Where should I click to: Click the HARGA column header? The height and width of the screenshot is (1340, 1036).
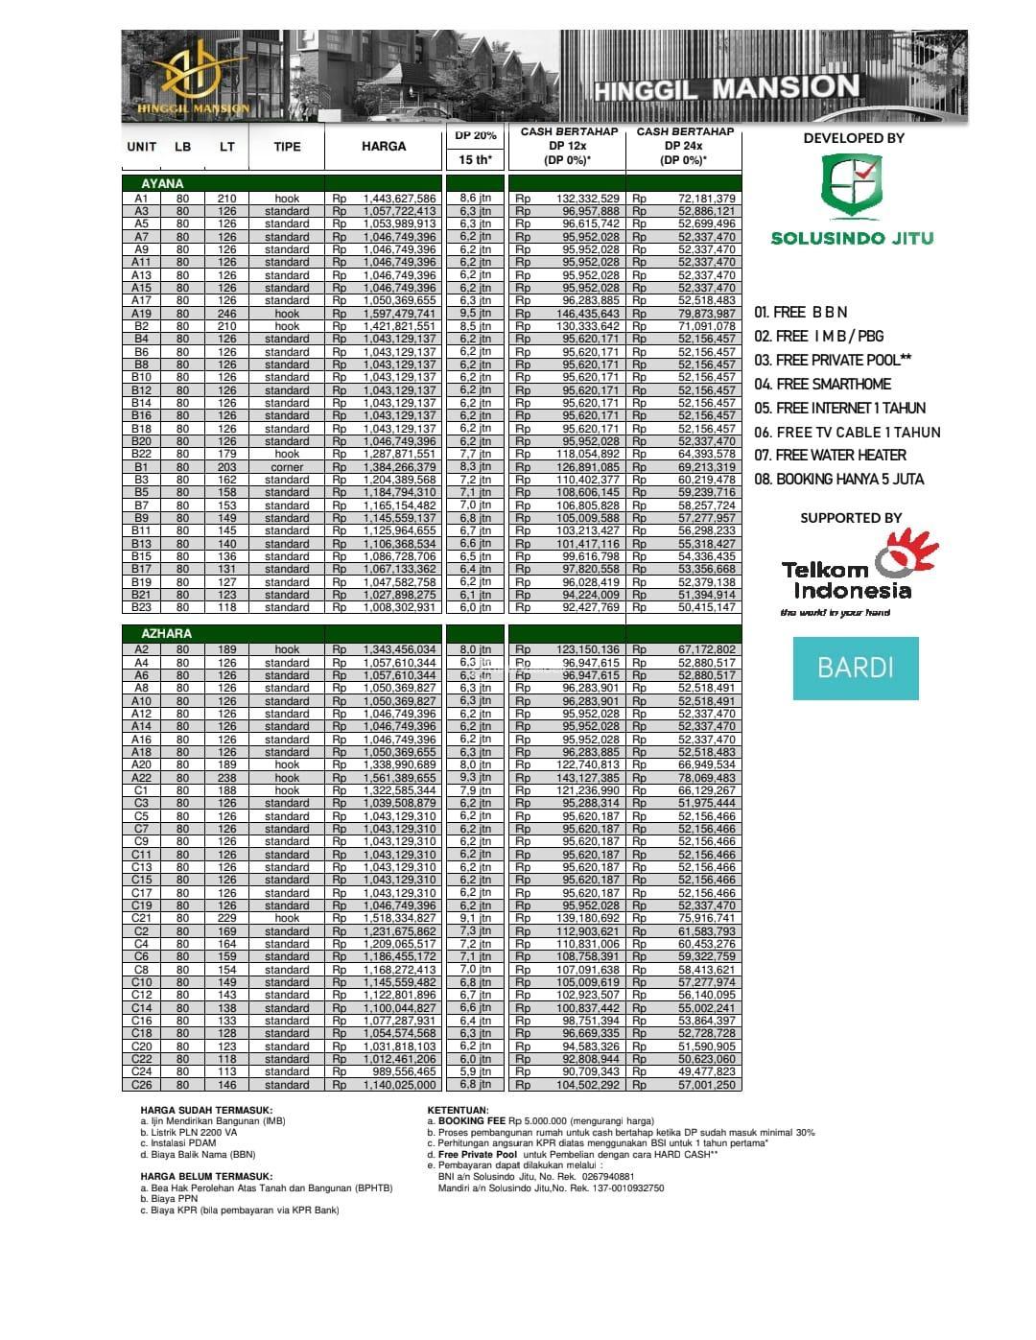point(384,147)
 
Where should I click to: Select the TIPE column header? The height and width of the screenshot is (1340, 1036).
point(287,147)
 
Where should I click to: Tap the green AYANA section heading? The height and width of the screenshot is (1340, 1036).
point(162,183)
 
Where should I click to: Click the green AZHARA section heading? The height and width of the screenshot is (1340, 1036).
point(166,634)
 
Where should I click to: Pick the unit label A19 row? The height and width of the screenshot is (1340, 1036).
point(141,314)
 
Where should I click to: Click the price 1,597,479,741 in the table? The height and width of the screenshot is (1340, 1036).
point(399,314)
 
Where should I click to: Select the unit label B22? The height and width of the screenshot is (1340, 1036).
point(141,455)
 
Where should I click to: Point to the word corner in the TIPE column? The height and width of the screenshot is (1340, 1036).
point(287,467)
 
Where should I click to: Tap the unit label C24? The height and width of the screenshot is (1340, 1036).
point(141,1072)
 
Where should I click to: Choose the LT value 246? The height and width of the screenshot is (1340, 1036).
point(226,314)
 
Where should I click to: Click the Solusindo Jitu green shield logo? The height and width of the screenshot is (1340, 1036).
point(852,188)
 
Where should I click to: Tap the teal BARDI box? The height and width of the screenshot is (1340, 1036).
point(856,668)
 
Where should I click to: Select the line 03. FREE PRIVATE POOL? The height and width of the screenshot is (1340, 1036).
point(833,360)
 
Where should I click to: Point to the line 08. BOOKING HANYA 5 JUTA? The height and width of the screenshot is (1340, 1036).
point(839,479)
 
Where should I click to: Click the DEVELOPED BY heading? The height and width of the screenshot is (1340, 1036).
point(854,138)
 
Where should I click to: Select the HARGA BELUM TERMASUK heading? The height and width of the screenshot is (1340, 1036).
point(206,1176)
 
